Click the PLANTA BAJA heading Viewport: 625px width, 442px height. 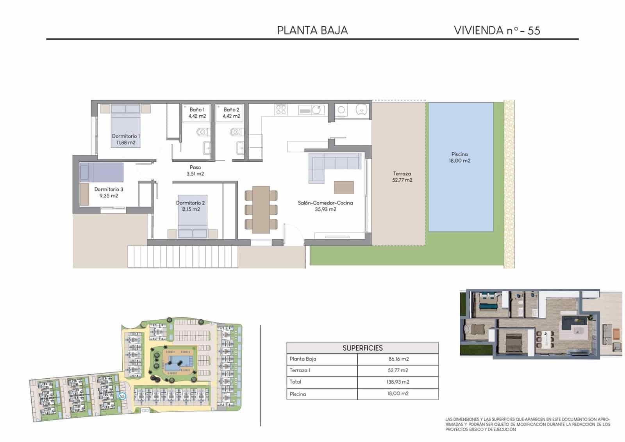312,30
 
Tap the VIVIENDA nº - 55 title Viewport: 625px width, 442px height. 497,30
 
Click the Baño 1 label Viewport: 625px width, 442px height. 197,113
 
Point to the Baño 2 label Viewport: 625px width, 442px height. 231,113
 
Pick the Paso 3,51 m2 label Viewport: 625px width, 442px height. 195,171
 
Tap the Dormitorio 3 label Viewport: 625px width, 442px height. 108,192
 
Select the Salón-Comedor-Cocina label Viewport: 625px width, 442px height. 325,206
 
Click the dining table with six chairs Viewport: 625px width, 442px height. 261,209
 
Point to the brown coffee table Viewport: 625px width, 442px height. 344,187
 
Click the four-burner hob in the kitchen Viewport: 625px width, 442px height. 281,109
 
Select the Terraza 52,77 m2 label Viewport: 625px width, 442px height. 402,177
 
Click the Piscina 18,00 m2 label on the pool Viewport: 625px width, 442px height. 459,157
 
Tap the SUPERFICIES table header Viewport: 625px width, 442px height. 362,348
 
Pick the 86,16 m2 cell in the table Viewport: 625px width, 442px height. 398,359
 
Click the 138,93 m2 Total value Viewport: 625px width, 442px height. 398,382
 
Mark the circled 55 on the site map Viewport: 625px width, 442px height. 122,396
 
